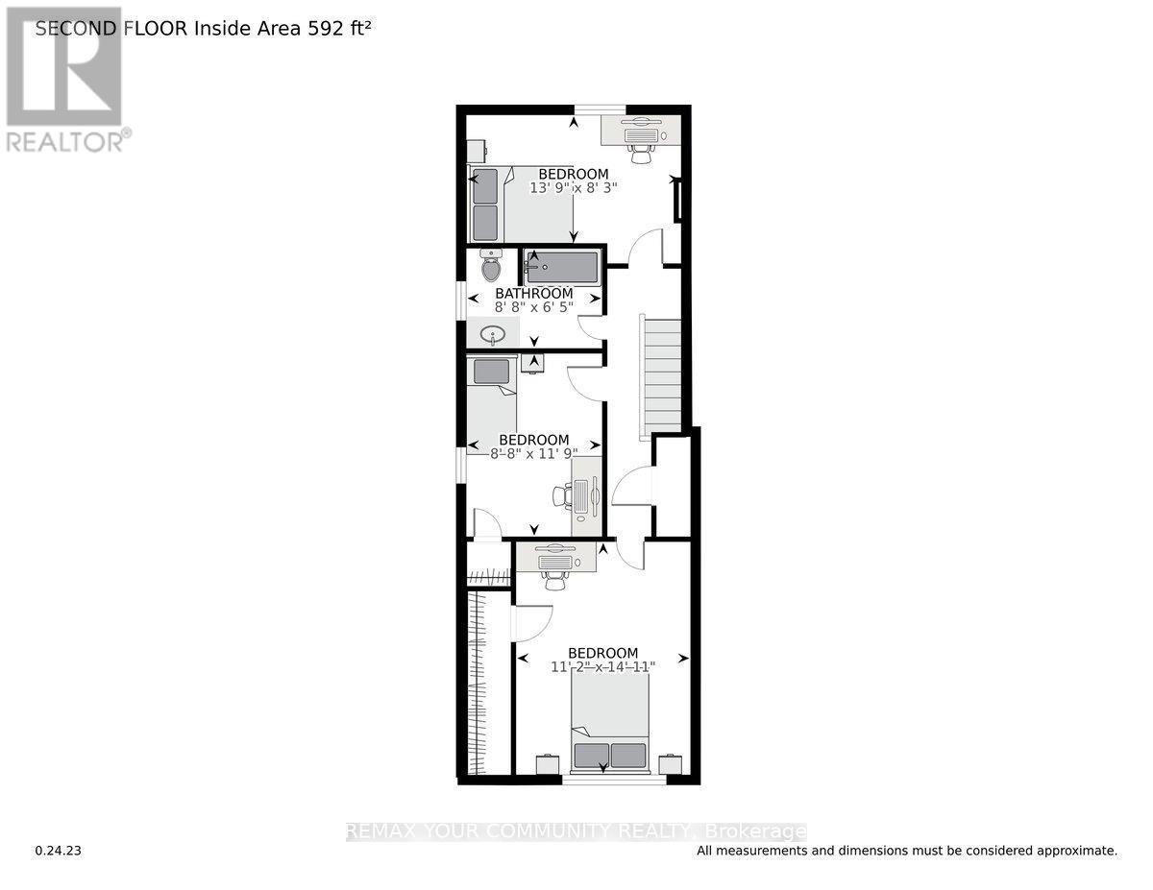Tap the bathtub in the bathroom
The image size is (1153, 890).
click(x=563, y=265)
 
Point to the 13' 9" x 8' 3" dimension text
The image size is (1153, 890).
click(x=573, y=188)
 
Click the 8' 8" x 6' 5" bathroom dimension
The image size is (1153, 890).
click(x=533, y=308)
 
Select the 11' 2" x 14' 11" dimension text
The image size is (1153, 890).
click(x=603, y=666)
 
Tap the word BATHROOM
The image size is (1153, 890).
click(x=533, y=293)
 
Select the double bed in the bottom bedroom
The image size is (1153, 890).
click(x=610, y=723)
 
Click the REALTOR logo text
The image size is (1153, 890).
click(x=66, y=141)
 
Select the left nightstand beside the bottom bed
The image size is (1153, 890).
click(x=547, y=765)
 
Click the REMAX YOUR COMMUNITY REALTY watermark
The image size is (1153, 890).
click(x=576, y=831)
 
